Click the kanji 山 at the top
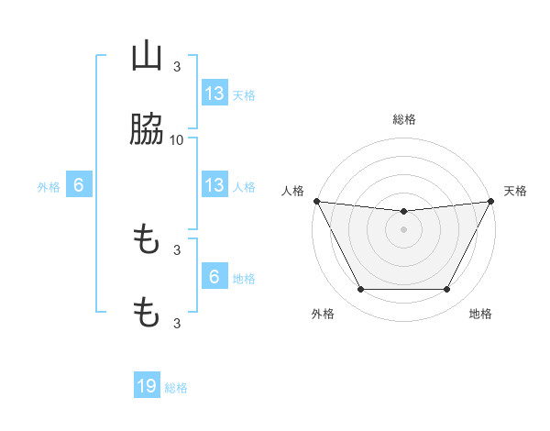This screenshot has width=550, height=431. point(147,57)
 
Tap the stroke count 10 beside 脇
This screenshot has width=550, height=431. point(177,139)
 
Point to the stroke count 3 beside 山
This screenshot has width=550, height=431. point(177,67)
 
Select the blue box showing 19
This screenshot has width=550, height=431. point(147,387)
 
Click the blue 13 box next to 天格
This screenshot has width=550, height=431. point(214,94)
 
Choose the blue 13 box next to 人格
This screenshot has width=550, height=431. point(214,185)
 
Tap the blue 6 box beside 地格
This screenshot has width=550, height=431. point(214,277)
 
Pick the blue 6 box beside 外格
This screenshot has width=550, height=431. point(79,185)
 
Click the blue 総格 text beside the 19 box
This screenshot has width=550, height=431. point(176,388)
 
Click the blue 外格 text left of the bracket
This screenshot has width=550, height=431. point(49,186)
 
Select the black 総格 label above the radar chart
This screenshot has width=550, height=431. point(403,119)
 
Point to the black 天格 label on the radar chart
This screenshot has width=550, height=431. point(515,191)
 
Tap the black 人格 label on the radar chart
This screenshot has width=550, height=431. point(292,191)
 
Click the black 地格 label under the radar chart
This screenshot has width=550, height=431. point(480,314)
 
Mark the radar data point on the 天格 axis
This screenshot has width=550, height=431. point(491,201)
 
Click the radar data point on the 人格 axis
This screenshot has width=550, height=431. point(316,201)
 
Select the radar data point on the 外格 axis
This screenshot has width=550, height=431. point(360,290)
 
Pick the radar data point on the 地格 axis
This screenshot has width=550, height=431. point(447,290)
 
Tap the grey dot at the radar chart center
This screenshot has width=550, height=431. point(403,229)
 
